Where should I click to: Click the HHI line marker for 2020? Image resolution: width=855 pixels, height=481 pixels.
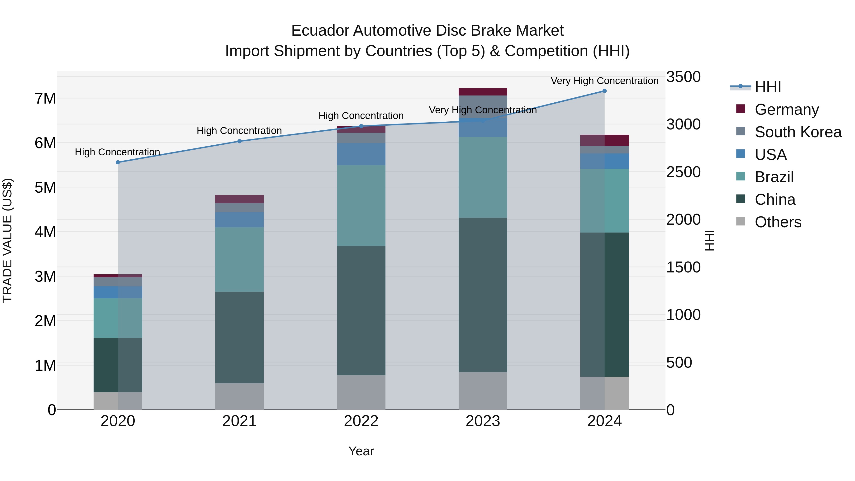pyautogui.click(x=118, y=162)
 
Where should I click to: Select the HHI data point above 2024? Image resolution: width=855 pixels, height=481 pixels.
pyautogui.click(x=604, y=91)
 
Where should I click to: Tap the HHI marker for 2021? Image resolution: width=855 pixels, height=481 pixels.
pyautogui.click(x=239, y=141)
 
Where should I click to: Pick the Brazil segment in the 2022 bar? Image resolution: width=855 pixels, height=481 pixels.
pyautogui.click(x=361, y=205)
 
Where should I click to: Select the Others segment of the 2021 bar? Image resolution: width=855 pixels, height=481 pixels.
pyautogui.click(x=239, y=396)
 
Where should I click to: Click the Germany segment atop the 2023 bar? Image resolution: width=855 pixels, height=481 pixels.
pyautogui.click(x=483, y=92)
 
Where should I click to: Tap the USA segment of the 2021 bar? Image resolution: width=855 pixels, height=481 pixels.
pyautogui.click(x=239, y=220)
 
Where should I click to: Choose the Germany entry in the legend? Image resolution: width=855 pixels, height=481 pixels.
pyautogui.click(x=786, y=110)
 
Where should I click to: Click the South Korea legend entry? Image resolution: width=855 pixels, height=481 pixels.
pyautogui.click(x=798, y=132)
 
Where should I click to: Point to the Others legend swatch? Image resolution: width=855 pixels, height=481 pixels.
pyautogui.click(x=741, y=221)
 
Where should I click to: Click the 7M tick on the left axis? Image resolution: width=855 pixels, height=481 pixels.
pyautogui.click(x=45, y=99)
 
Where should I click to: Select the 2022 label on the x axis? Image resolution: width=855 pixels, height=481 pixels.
pyautogui.click(x=361, y=421)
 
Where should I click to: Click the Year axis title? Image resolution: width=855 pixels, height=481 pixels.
pyautogui.click(x=361, y=451)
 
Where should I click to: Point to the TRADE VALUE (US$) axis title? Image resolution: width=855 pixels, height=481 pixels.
pyautogui.click(x=7, y=240)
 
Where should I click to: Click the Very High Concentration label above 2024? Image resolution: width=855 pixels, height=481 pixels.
pyautogui.click(x=604, y=81)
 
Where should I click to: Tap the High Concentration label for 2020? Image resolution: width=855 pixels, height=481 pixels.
pyautogui.click(x=118, y=152)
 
